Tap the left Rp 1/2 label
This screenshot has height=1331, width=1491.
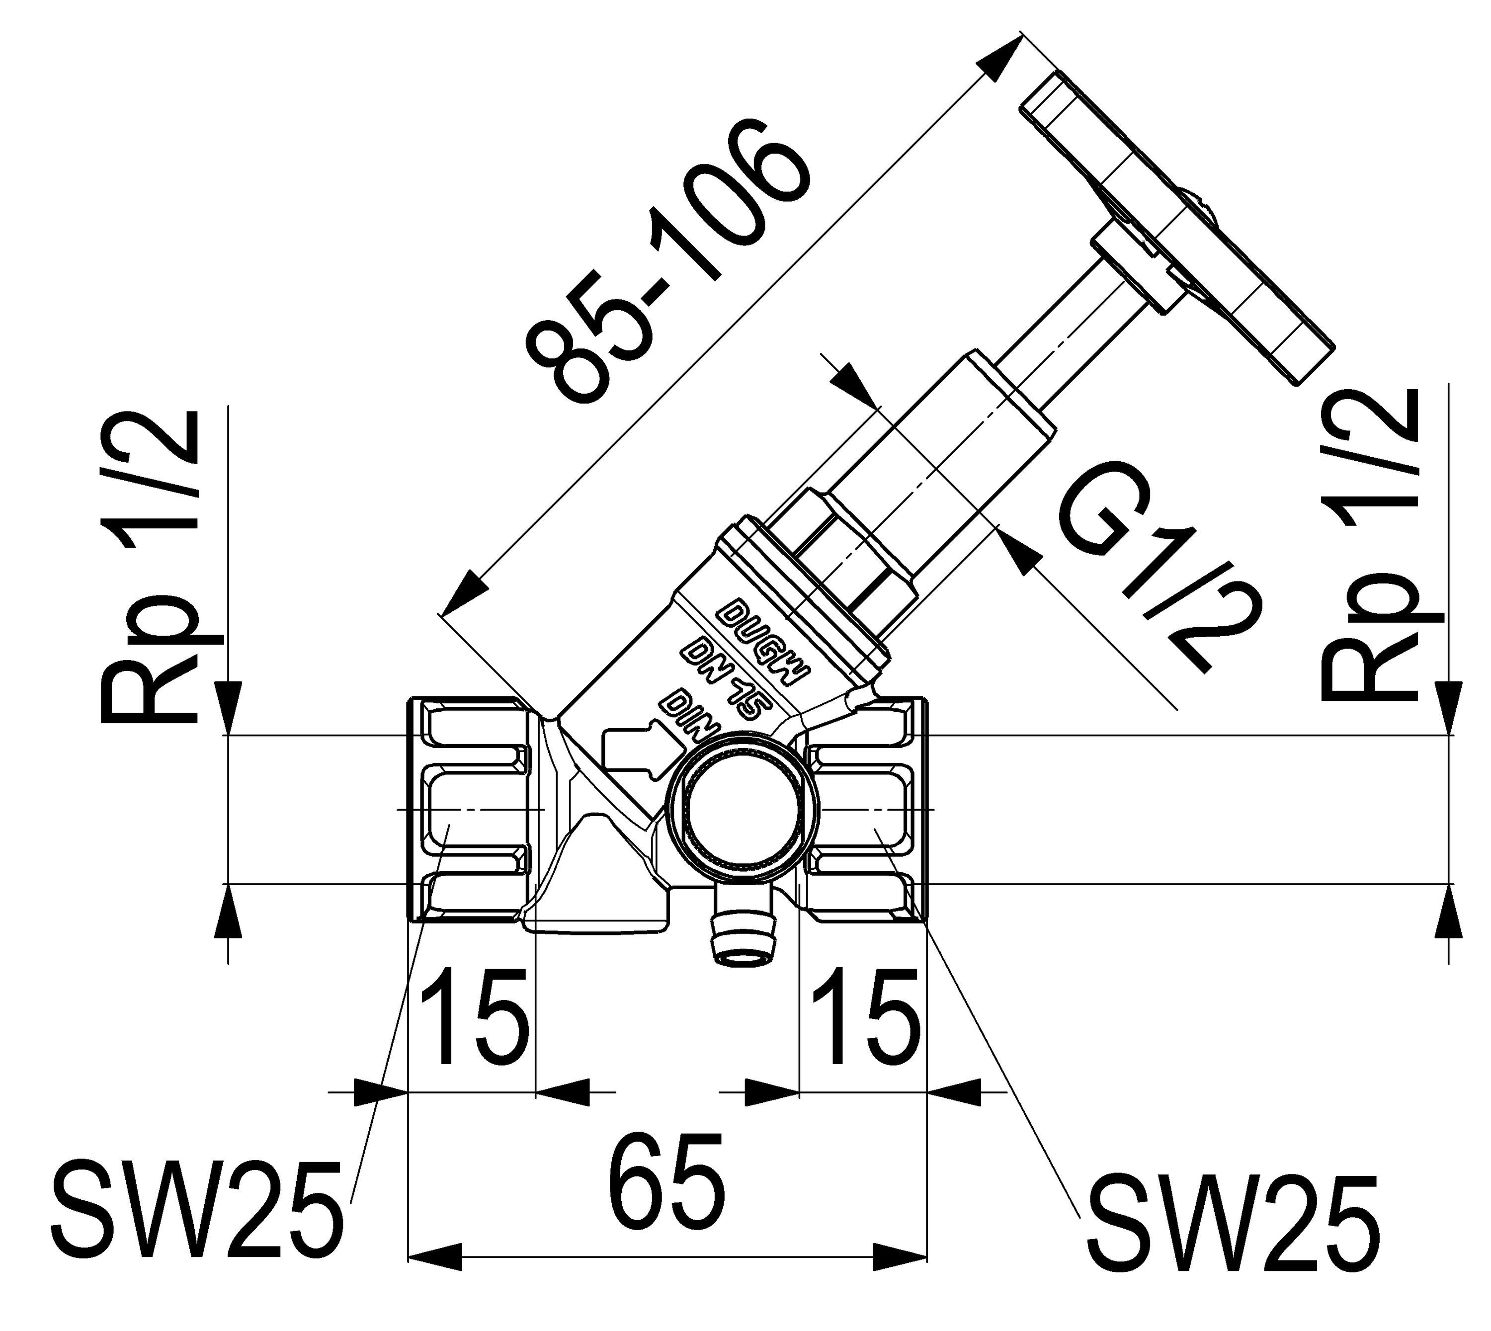pyautogui.click(x=150, y=567)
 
